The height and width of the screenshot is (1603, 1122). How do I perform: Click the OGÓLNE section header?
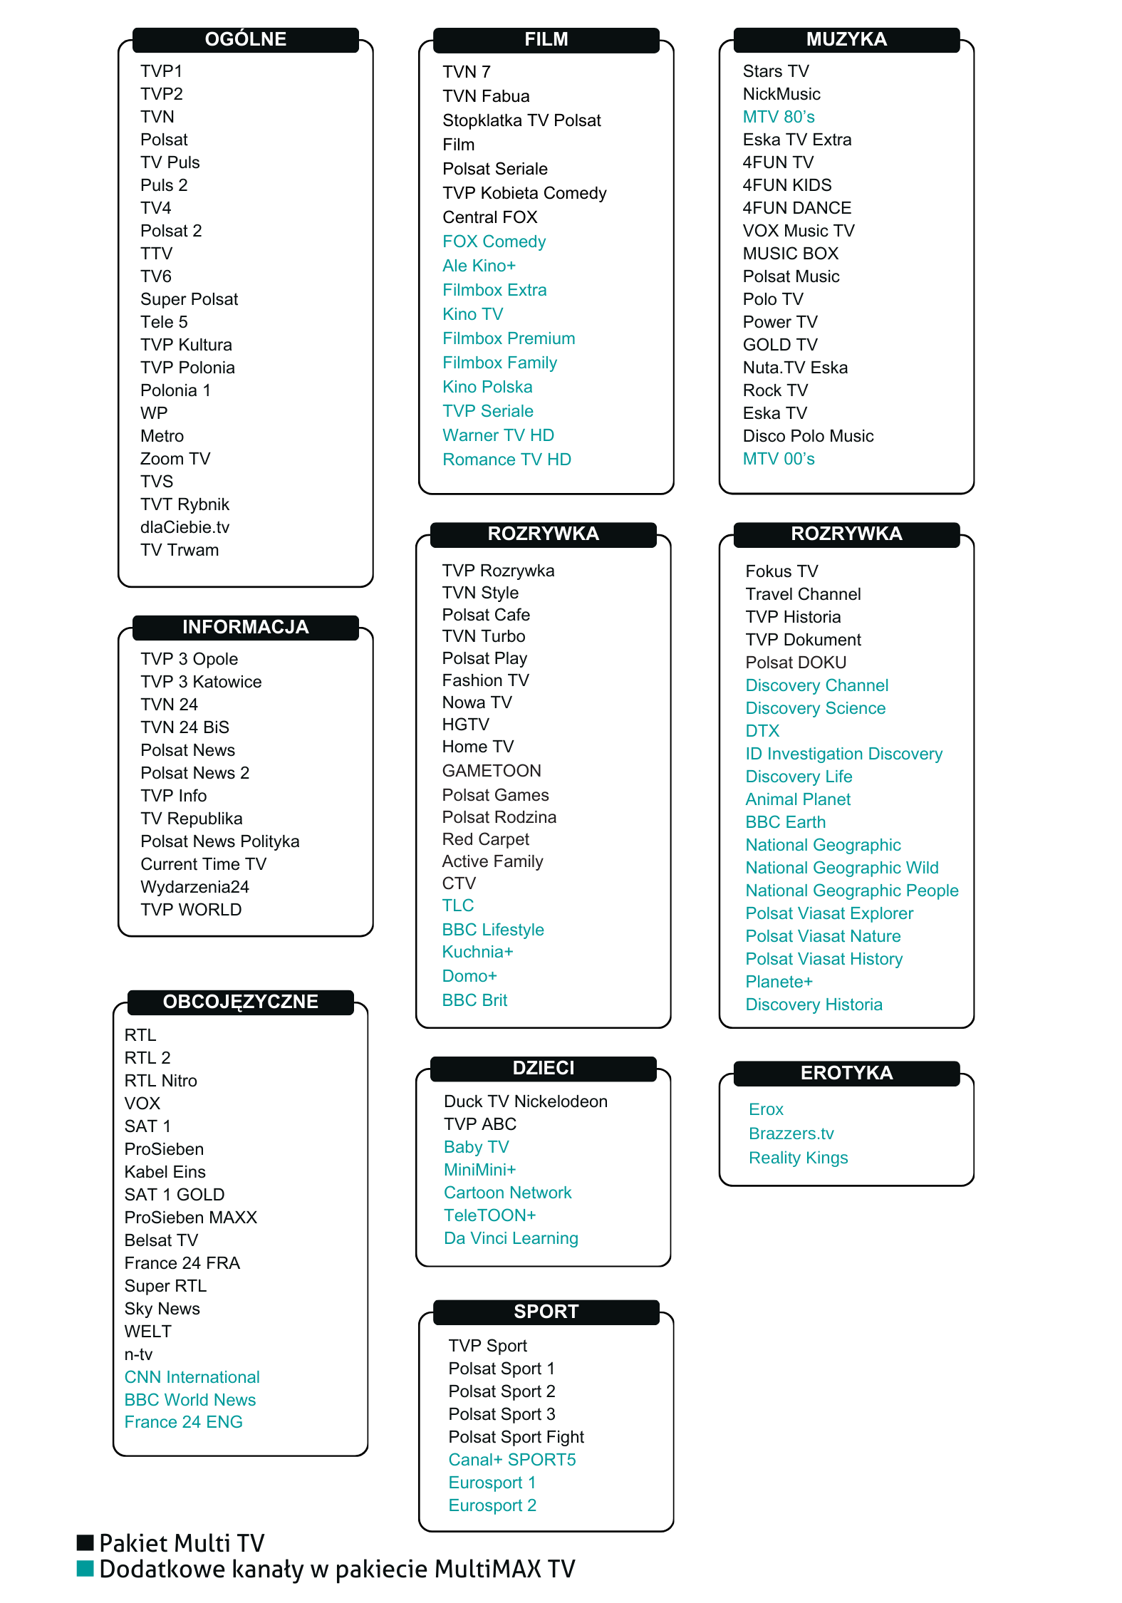click(x=245, y=39)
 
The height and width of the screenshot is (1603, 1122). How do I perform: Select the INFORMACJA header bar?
click(x=245, y=627)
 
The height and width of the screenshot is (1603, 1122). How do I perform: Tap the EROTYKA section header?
click(x=846, y=1073)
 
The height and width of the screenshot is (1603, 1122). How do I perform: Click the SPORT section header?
click(x=546, y=1312)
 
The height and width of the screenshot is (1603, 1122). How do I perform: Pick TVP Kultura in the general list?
click(x=186, y=345)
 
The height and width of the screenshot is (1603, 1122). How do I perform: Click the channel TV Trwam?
click(x=180, y=550)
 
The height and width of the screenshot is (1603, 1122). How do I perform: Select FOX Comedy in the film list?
click(x=494, y=242)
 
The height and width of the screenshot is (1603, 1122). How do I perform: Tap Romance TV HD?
click(x=507, y=460)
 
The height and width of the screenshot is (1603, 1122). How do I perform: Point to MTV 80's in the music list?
click(x=779, y=117)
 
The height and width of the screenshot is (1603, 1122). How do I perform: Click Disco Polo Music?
click(x=808, y=436)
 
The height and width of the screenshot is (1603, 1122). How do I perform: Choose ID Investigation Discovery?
click(x=843, y=754)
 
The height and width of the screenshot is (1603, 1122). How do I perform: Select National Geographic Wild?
click(x=842, y=868)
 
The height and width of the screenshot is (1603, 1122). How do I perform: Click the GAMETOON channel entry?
click(x=492, y=771)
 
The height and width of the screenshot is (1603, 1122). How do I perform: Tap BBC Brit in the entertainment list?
click(x=474, y=1000)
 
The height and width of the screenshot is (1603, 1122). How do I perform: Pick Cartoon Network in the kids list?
click(x=507, y=1193)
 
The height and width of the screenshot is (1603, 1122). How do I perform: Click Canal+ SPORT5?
click(x=511, y=1460)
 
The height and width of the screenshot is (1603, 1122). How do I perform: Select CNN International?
click(x=192, y=1377)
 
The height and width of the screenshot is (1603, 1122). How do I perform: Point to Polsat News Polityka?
click(x=219, y=841)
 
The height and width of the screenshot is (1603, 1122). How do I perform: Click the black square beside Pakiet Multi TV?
click(x=85, y=1542)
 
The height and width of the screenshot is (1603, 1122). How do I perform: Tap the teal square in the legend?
click(x=85, y=1568)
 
